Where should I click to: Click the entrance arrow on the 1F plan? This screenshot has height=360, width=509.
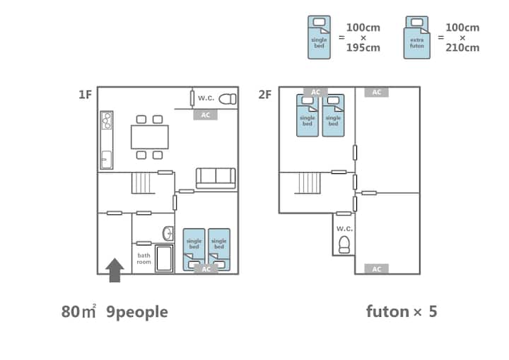click(x=115, y=270)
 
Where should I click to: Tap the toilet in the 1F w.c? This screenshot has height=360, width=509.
click(x=228, y=99)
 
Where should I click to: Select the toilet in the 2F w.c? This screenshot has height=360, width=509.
click(x=344, y=245)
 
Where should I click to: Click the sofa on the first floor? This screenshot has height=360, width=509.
click(x=216, y=178)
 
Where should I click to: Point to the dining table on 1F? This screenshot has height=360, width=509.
click(x=150, y=137)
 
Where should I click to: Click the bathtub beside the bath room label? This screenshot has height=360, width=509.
click(x=164, y=259)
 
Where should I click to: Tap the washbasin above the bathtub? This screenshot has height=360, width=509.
click(x=168, y=233)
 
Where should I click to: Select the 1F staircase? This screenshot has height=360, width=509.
click(x=141, y=183)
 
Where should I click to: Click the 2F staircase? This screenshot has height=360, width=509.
click(x=310, y=183)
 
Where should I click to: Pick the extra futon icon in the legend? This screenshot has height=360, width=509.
click(x=417, y=37)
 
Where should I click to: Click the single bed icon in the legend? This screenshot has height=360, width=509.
click(x=319, y=37)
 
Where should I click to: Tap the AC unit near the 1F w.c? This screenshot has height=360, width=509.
click(x=206, y=115)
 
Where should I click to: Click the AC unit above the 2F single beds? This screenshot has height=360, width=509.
click(x=315, y=92)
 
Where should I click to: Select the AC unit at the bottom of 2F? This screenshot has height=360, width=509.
click(x=377, y=269)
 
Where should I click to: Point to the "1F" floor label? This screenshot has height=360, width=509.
click(x=86, y=95)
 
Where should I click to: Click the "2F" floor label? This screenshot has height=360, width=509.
click(x=265, y=95)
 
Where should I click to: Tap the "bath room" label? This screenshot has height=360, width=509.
click(x=144, y=259)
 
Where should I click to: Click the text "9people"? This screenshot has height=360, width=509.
click(x=137, y=312)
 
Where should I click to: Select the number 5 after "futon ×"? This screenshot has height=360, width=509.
click(x=433, y=311)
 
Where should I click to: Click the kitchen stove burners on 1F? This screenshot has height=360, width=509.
click(x=107, y=121)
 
